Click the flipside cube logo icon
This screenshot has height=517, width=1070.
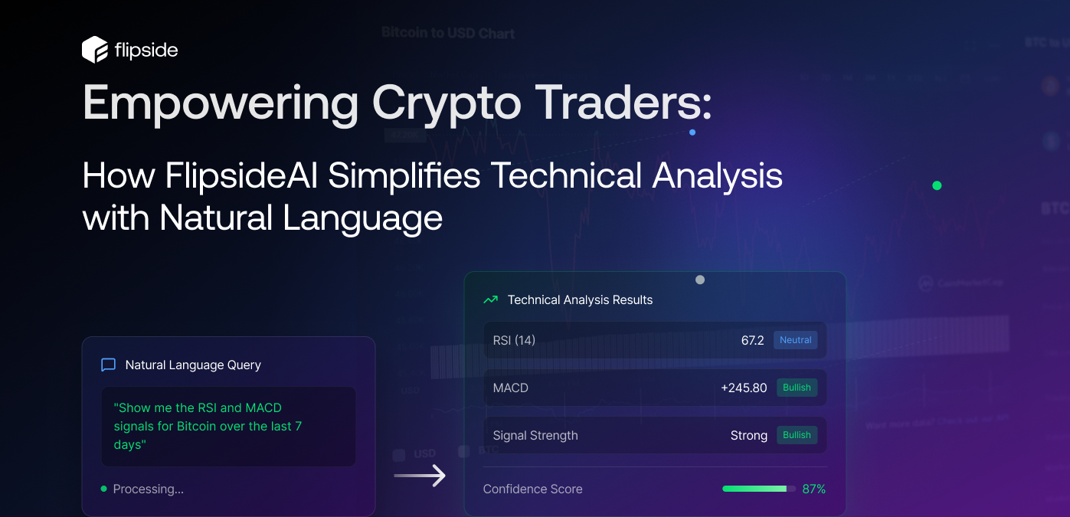pyautogui.click(x=95, y=50)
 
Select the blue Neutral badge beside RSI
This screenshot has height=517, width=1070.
pyautogui.click(x=795, y=340)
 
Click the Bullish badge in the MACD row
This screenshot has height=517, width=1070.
pyautogui.click(x=797, y=388)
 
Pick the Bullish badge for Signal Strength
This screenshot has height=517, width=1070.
pyautogui.click(x=797, y=435)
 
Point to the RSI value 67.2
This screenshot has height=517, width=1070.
pyautogui.click(x=752, y=340)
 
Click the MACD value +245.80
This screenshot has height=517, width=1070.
pyautogui.click(x=744, y=388)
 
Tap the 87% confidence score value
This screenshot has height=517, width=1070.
pyautogui.click(x=813, y=489)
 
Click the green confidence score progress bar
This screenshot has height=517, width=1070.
pyautogui.click(x=754, y=489)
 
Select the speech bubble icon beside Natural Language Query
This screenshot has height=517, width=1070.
pyautogui.click(x=109, y=365)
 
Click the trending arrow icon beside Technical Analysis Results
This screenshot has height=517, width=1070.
pyautogui.click(x=490, y=299)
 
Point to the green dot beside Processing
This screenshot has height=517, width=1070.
pyautogui.click(x=103, y=489)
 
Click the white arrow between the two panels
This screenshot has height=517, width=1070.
pyautogui.click(x=420, y=476)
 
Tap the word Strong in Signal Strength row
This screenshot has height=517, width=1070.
pyautogui.click(x=748, y=435)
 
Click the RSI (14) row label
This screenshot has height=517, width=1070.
pyautogui.click(x=514, y=340)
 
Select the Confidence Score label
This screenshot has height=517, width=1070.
pyautogui.click(x=532, y=489)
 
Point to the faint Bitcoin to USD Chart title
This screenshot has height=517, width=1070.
pyautogui.click(x=448, y=33)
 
